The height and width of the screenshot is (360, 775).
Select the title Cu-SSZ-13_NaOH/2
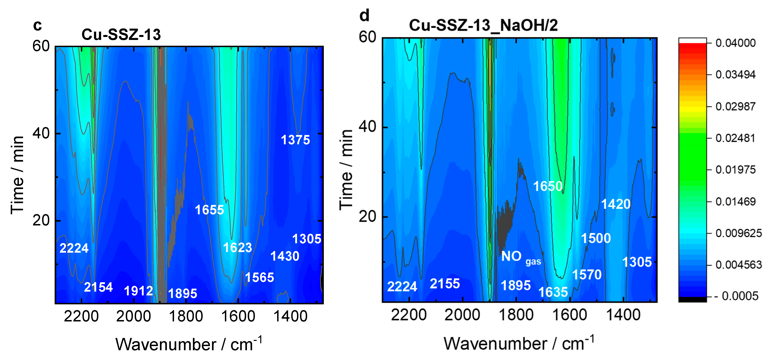pyautogui.click(x=483, y=25)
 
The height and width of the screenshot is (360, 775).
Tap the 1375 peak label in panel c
pyautogui.click(x=295, y=140)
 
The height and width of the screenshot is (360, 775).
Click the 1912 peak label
pyautogui.click(x=138, y=291)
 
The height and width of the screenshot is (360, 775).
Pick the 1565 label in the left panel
pyautogui.click(x=259, y=278)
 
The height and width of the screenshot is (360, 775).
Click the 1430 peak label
pyautogui.click(x=285, y=256)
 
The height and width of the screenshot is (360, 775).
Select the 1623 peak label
pyautogui.click(x=237, y=248)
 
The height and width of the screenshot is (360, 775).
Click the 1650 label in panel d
pyautogui.click(x=548, y=186)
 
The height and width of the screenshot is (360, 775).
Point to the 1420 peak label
pyautogui.click(x=615, y=204)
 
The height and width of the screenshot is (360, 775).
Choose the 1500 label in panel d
pyautogui.click(x=596, y=238)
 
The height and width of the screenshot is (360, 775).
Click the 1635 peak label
pyautogui.click(x=553, y=292)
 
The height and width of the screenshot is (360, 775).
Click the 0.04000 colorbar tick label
pyautogui.click(x=735, y=43)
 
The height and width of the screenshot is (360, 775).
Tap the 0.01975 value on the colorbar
pyautogui.click(x=735, y=170)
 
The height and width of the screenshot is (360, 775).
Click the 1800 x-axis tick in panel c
pyautogui.click(x=186, y=316)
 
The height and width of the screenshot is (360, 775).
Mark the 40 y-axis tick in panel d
pyautogui.click(x=367, y=126)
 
